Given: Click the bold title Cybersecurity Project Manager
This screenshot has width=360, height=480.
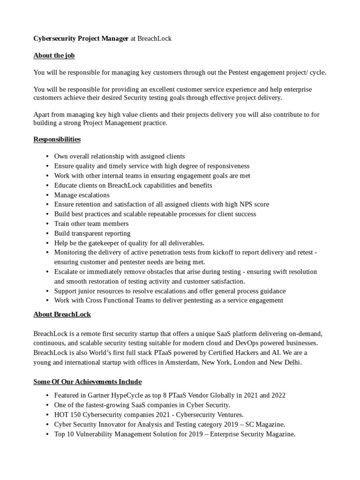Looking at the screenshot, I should (x=81, y=38).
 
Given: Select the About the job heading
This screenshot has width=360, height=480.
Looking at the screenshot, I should (x=54, y=55).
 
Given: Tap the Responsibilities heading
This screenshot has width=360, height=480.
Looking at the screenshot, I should (x=57, y=139).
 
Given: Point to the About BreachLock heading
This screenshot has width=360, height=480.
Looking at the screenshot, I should (x=62, y=314).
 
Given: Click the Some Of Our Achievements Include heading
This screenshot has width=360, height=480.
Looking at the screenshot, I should (x=87, y=382).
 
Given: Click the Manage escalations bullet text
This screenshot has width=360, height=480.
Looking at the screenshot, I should (x=82, y=195).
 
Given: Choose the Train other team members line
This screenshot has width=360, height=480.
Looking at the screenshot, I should (x=91, y=224).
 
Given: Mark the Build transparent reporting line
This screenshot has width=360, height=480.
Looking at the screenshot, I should (x=92, y=233).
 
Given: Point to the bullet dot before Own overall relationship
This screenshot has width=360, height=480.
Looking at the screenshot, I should (x=47, y=157).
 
